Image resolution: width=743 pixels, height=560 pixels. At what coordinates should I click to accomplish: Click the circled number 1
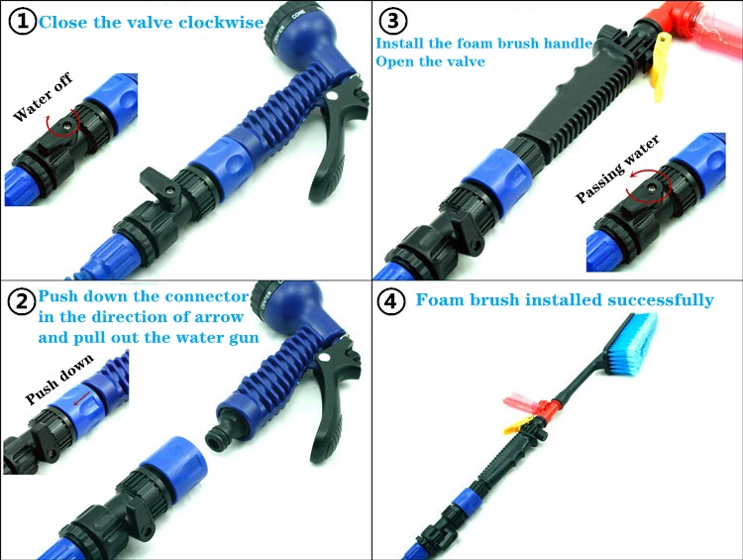point(23,22)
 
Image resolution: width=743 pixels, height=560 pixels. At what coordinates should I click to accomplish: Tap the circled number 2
point(22,300)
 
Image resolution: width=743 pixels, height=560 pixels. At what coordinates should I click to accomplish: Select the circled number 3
point(393,21)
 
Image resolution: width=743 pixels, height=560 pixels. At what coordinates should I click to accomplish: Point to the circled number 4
point(390,301)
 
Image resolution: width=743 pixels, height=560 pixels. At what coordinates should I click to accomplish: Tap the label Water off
point(43,97)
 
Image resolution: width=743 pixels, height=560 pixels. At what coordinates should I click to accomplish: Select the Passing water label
point(617,168)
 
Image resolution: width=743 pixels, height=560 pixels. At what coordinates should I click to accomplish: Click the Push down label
point(59,379)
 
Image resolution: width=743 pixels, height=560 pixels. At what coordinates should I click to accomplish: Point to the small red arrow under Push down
point(83,397)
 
